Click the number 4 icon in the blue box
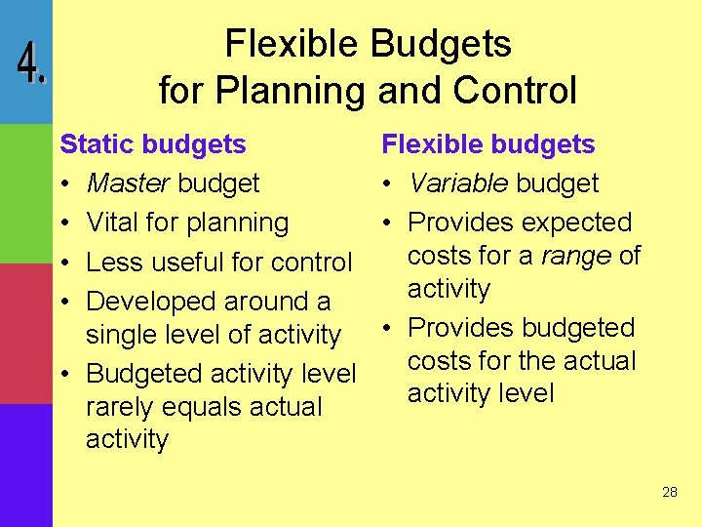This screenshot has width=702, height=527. (30, 64)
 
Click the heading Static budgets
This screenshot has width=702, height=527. (153, 144)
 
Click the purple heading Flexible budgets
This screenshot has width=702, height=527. (487, 144)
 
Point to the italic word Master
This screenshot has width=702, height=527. (129, 183)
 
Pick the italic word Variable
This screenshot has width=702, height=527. (458, 183)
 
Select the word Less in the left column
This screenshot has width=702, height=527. (111, 263)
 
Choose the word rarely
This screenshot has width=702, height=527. (124, 407)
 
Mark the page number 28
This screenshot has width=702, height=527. (669, 492)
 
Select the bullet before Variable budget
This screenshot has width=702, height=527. (388, 184)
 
